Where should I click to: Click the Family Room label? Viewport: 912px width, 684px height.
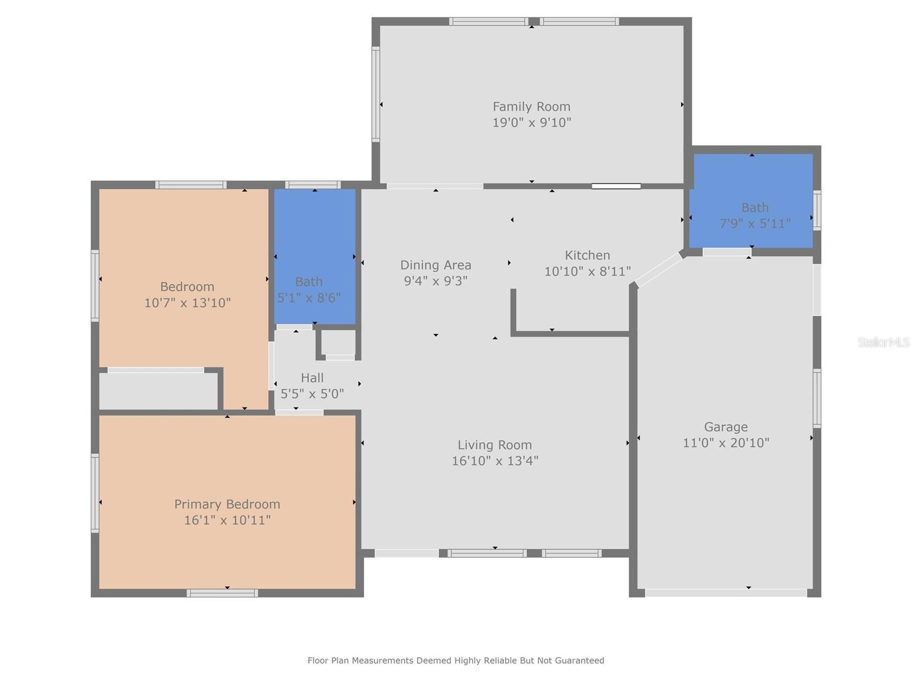point(531,107)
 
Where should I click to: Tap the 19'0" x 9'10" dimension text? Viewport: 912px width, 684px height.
point(531,123)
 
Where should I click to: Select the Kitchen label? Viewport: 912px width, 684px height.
point(587,255)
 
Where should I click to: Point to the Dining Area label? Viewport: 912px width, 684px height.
point(435,265)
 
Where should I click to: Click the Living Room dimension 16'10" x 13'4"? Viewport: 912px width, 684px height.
point(494,461)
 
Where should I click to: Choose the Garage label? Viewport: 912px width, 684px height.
point(726,427)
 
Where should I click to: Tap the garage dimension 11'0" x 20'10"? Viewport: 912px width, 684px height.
point(726,443)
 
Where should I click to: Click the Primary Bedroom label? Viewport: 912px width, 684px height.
point(227,504)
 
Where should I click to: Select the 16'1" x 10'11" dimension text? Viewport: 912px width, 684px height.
point(227,520)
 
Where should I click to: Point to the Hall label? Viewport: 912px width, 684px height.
point(312,378)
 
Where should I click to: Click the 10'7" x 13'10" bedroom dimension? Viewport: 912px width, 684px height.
point(187,303)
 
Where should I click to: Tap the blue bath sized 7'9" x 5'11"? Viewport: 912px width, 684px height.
point(751,201)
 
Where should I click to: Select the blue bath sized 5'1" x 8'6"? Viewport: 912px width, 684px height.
point(315,256)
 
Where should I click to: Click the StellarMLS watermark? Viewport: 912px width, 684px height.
point(883,342)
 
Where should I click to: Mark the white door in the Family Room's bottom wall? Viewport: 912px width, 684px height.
point(616,186)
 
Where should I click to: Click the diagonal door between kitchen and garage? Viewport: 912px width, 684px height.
point(659,270)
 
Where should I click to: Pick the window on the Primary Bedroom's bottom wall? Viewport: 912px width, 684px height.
point(222,593)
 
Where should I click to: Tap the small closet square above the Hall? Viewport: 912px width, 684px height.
point(339,343)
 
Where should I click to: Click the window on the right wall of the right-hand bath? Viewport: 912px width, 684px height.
point(816,210)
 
